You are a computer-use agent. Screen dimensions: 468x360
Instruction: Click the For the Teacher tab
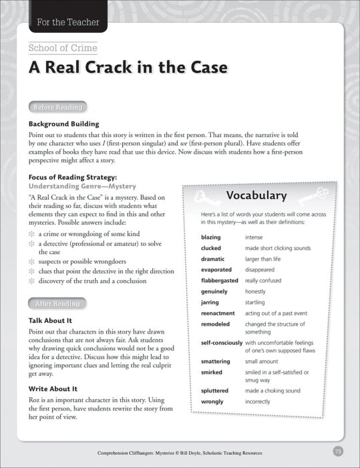(x=65, y=22)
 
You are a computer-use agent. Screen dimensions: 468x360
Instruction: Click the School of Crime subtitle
(x=63, y=48)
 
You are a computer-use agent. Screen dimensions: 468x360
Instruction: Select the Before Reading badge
(x=58, y=107)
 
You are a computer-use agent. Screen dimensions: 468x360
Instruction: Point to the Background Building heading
(x=64, y=124)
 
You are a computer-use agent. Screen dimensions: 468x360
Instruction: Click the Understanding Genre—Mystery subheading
(x=82, y=186)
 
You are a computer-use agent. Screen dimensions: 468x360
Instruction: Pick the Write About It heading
(x=53, y=388)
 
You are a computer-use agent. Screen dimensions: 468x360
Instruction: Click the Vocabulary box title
(x=256, y=196)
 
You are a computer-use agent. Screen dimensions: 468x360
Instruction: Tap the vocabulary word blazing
(x=212, y=237)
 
